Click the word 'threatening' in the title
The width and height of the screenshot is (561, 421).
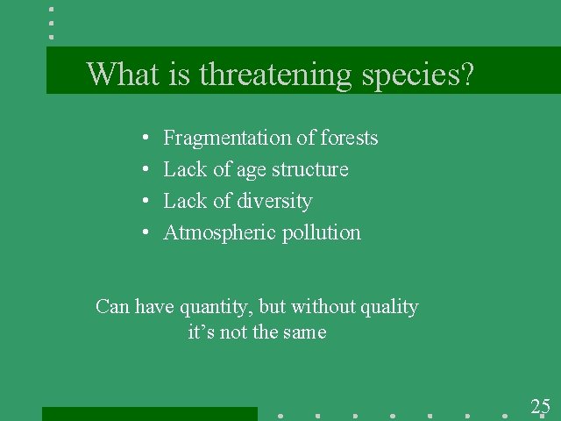tap(278, 75)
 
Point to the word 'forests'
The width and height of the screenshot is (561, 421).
tap(350, 139)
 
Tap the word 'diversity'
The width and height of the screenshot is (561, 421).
tap(273, 202)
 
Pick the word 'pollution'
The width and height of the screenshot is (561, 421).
tap(322, 233)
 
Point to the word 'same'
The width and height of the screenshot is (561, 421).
tap(305, 332)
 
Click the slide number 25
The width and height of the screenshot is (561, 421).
tap(540, 406)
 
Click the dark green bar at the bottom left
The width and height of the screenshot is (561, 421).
tap(149, 414)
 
